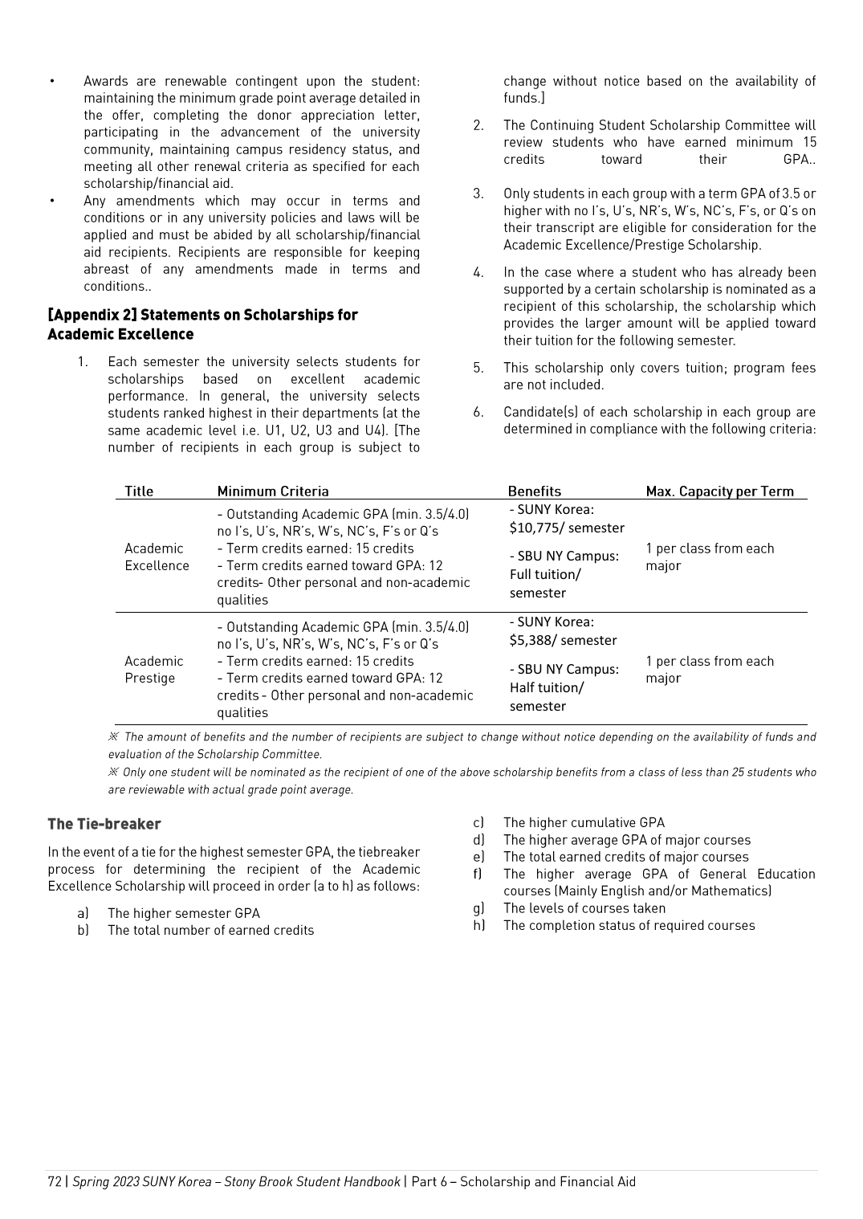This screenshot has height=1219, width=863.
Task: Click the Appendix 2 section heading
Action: pos(202,324)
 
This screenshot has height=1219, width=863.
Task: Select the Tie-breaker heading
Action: pos(104,824)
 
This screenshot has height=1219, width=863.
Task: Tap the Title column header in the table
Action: pos(139,491)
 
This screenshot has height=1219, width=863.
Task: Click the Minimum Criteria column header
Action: pos(273,491)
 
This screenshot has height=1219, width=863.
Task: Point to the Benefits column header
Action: pos(535,491)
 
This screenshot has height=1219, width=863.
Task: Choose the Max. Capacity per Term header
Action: pos(720,491)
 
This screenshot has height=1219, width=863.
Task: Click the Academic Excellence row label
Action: pos(157,556)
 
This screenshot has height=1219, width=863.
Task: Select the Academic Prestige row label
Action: pos(154,669)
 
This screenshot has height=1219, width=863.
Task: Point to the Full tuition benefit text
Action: pos(545,574)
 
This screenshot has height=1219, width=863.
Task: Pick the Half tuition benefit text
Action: pos(547,687)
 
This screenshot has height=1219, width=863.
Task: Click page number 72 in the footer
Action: pos(55,1181)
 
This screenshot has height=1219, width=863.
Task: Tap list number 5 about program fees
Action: pos(478,368)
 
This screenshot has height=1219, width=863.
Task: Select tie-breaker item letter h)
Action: pos(479,925)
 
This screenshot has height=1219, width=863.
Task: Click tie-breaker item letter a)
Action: pos(83,913)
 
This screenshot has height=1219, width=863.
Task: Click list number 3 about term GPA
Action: pos(478,194)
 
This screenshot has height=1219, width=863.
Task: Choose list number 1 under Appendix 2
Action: pos(83,362)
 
